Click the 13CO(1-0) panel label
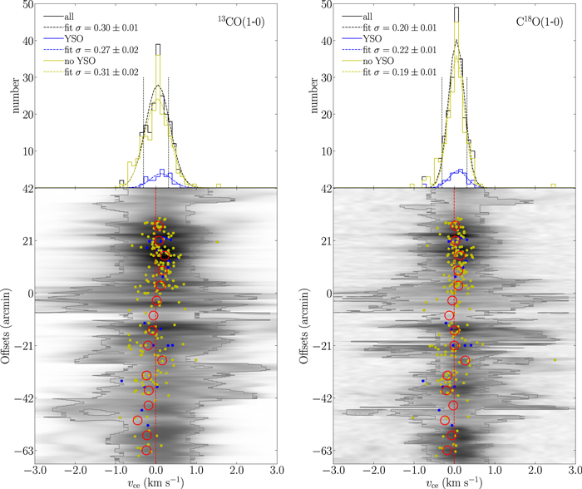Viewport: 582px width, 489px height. pos(241,22)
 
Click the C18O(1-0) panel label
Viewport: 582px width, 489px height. pos(540,22)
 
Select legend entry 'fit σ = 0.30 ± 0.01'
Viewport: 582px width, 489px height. pos(101,27)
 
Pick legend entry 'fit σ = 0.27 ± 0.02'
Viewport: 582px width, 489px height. pos(101,50)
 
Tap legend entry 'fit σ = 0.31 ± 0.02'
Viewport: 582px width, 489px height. pos(101,72)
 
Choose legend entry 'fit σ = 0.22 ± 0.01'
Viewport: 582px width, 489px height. pos(399,50)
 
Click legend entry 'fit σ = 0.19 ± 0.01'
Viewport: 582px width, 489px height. pos(399,72)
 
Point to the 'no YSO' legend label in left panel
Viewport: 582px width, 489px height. pos(80,61)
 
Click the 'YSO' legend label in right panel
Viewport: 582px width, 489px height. pos(372,38)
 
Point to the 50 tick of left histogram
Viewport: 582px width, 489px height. pos(28,5)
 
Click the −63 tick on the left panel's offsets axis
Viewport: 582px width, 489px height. pos(23,451)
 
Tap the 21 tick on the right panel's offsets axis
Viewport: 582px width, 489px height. pos(326,241)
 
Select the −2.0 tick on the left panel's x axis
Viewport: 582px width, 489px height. pos(76,471)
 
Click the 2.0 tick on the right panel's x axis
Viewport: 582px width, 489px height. pos(535,471)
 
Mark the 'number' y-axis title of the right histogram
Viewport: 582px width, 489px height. pos(314,96)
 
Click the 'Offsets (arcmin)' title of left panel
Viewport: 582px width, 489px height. pos(7,326)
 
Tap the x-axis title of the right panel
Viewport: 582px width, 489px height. pos(454,482)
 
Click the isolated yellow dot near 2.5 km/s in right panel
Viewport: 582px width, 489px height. pos(555,360)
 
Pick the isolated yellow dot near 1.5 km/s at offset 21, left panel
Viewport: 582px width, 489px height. pos(217,242)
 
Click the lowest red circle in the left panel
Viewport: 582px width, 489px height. pos(146,451)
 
